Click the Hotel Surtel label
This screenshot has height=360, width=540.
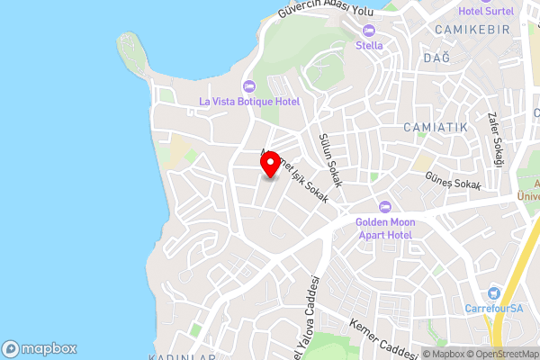coord(486,11)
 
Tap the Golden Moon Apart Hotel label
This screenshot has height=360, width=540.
coord(383,228)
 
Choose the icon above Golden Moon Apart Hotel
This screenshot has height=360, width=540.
coord(384,206)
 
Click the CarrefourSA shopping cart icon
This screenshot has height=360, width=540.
coord(493,292)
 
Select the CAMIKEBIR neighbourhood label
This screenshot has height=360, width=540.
coord(472,30)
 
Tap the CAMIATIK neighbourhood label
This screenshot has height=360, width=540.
coord(436,127)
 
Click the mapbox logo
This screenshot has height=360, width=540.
coord(40,348)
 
